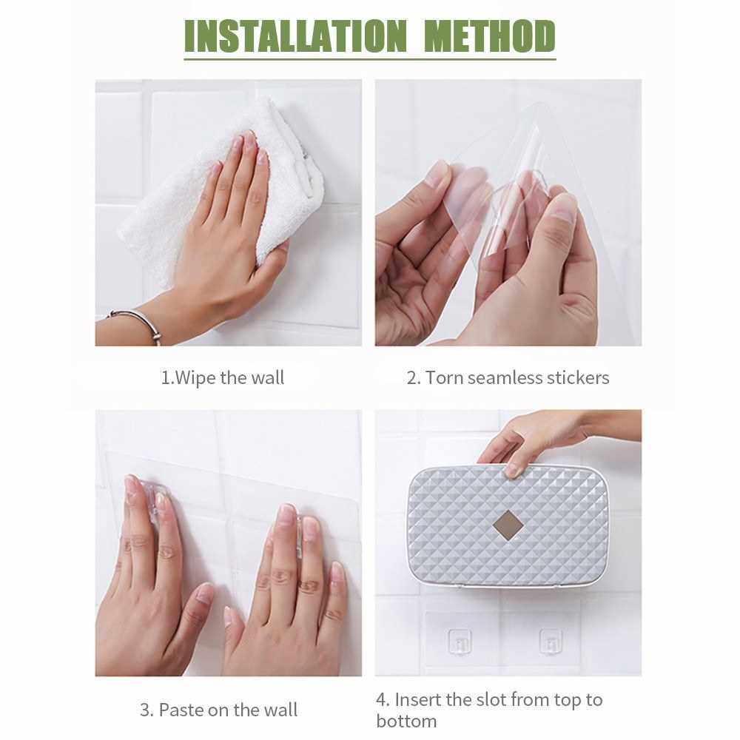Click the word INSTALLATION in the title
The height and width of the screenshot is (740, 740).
[x=295, y=36]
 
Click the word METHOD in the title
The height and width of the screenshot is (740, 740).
[x=490, y=36]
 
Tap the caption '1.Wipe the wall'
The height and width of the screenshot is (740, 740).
[x=222, y=378]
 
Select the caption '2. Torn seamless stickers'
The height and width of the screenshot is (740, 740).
[x=508, y=378]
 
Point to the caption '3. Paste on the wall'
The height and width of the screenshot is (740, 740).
[x=218, y=710]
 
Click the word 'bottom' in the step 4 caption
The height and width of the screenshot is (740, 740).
[x=406, y=721]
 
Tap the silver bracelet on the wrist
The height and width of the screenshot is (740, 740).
[x=137, y=323]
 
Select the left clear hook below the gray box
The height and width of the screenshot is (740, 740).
[x=460, y=642]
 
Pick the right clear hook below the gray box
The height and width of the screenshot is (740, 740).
[x=551, y=642]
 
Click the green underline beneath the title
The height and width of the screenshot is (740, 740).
[x=370, y=59]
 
